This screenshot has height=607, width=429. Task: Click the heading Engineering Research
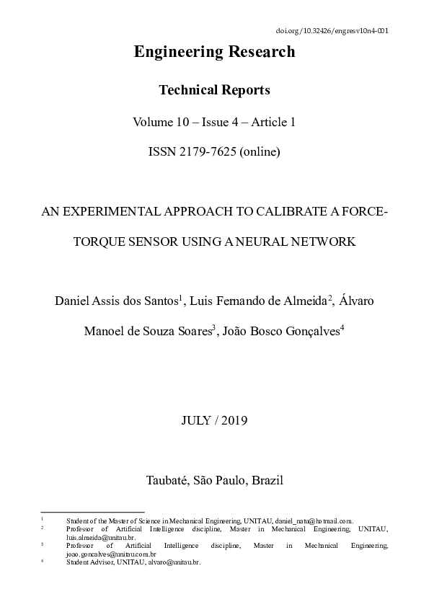tap(214, 52)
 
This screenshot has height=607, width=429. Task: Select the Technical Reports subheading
tap(214, 90)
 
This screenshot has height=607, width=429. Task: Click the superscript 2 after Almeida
tap(330, 296)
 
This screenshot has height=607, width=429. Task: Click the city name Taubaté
tap(169, 480)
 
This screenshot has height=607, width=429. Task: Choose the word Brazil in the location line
tap(267, 480)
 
